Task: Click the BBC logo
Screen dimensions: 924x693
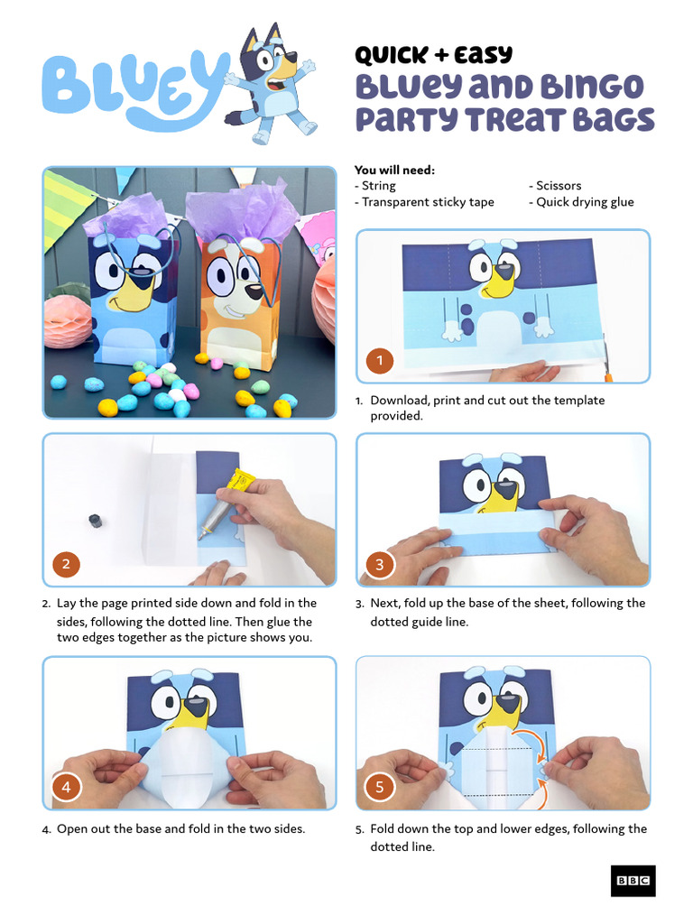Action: (x=633, y=881)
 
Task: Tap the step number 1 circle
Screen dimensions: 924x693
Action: (x=380, y=361)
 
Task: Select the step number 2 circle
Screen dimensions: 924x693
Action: (x=66, y=565)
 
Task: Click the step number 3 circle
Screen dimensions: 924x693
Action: (x=380, y=565)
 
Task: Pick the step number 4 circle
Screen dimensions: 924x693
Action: (x=66, y=787)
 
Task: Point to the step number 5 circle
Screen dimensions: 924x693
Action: (x=380, y=787)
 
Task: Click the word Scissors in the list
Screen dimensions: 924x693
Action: (x=559, y=186)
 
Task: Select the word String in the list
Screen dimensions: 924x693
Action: (x=379, y=186)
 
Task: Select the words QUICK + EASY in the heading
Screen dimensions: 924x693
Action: (x=433, y=56)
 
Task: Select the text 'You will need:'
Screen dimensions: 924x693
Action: (x=394, y=170)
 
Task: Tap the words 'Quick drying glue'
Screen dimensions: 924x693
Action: (x=585, y=202)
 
